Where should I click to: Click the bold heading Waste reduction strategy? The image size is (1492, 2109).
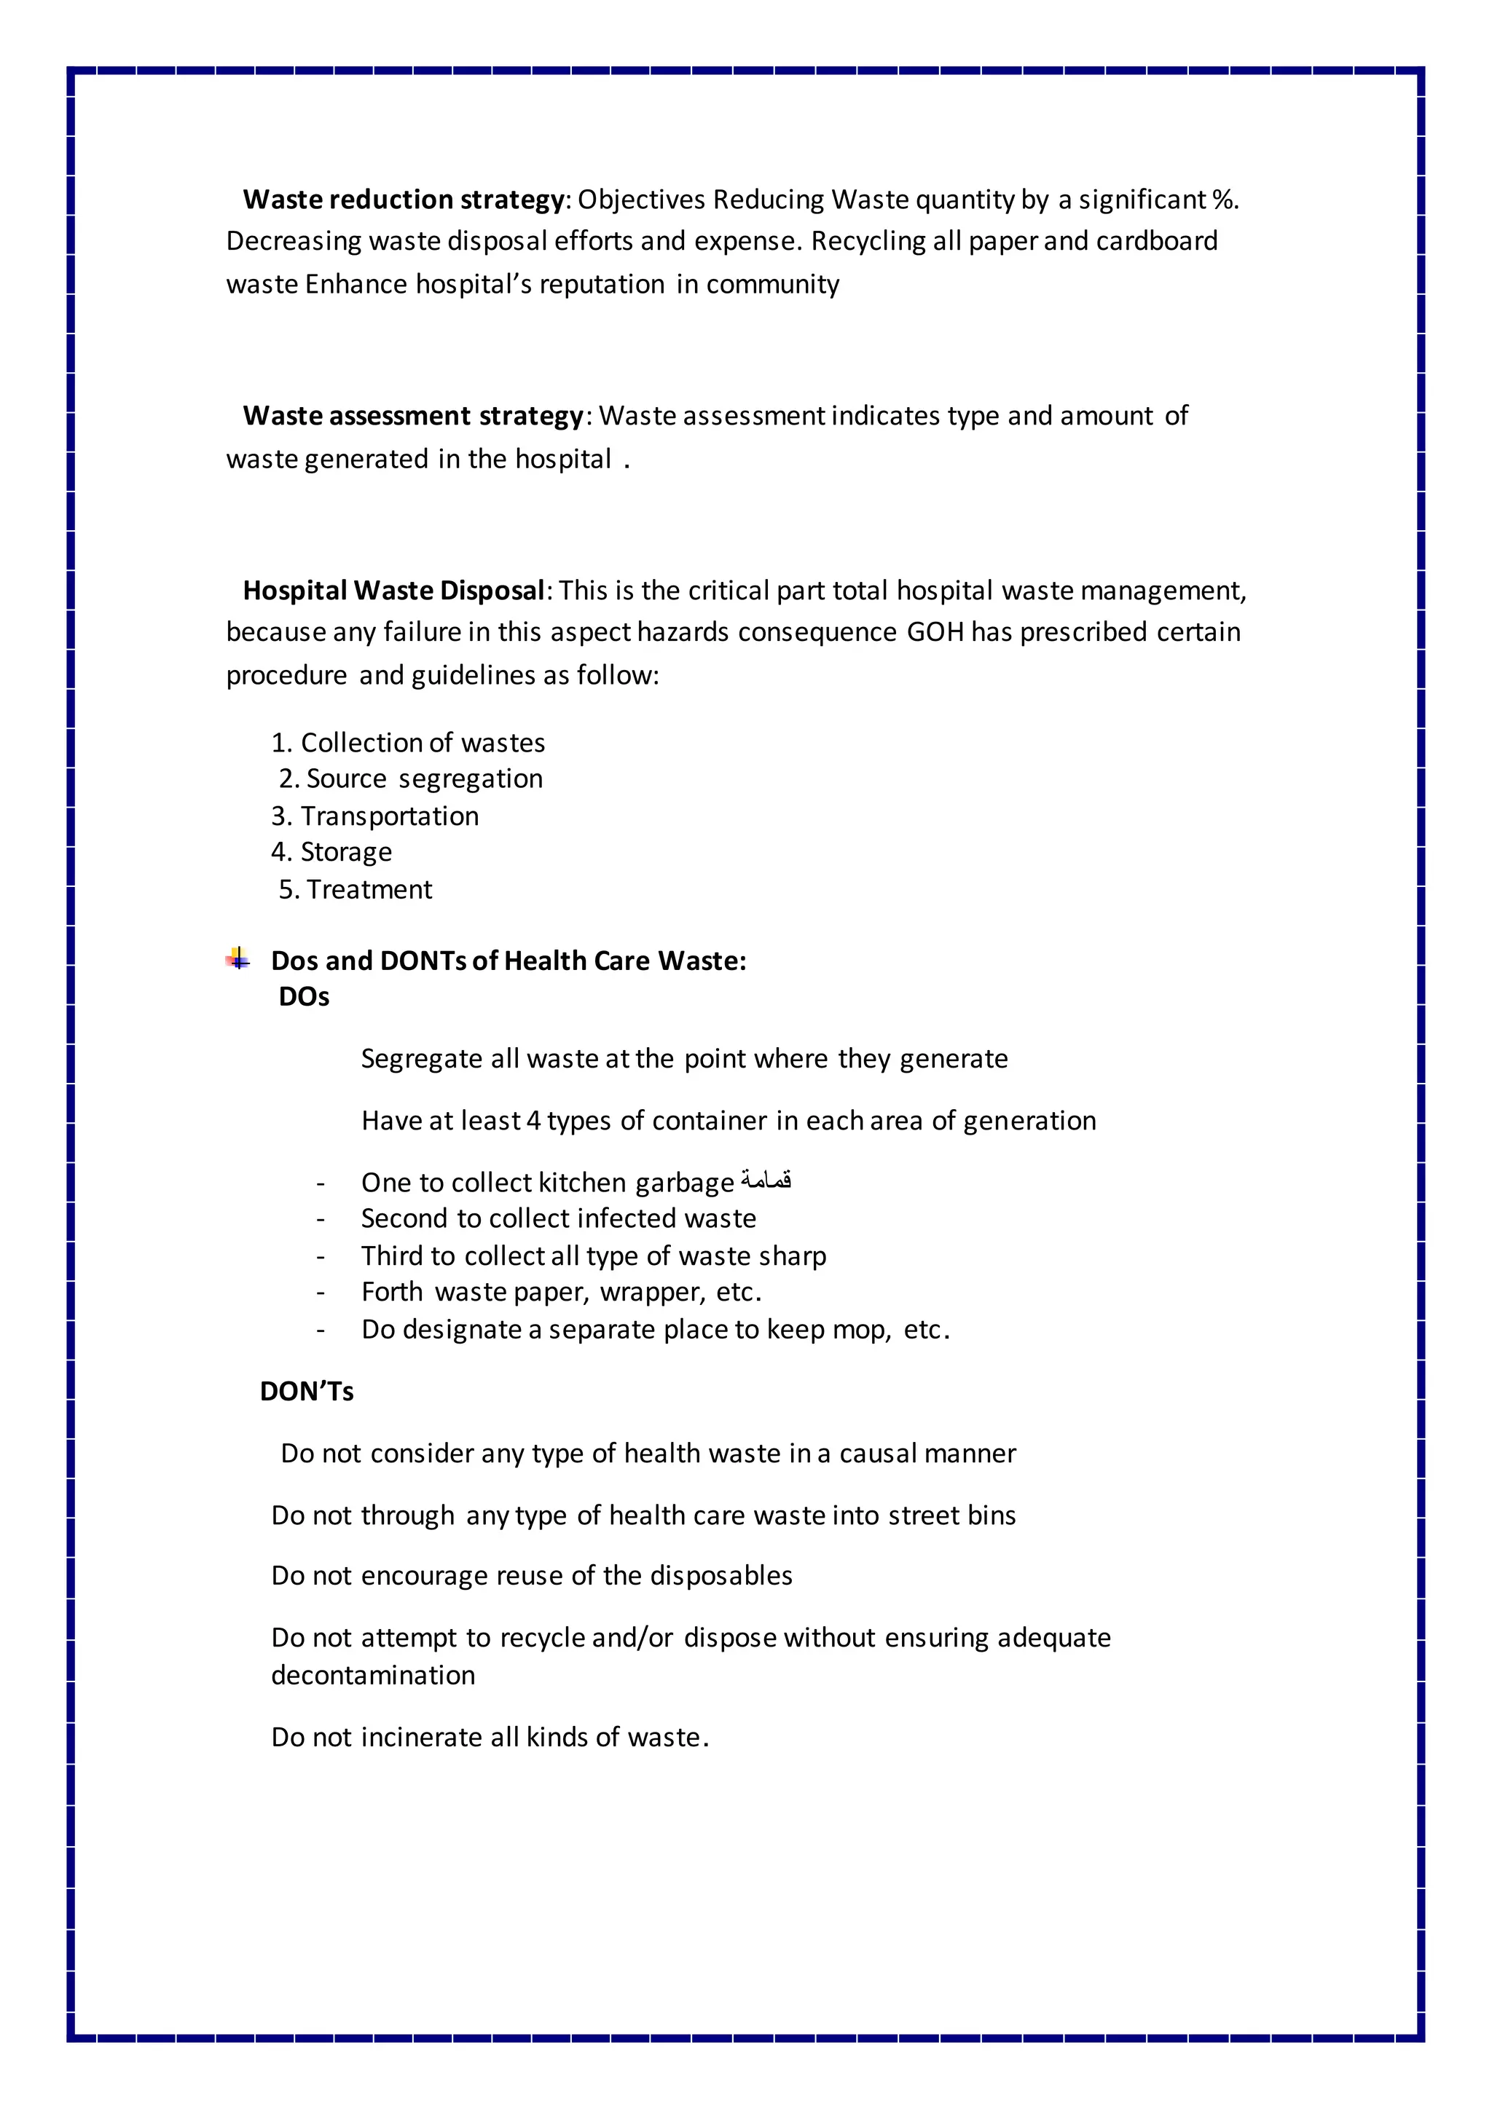404,200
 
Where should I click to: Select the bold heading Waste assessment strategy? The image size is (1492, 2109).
412,416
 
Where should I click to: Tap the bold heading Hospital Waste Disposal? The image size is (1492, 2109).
393,591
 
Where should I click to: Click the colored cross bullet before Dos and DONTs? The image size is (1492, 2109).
238,960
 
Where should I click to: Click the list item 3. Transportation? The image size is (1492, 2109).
375,816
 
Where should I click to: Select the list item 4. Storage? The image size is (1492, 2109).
331,853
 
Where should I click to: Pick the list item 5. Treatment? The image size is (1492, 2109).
356,889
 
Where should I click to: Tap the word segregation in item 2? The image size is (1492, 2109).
471,779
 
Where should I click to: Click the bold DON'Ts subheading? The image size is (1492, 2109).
307,1391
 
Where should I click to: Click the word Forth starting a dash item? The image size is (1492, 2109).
392,1293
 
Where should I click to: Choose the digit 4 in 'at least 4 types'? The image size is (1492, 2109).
534,1121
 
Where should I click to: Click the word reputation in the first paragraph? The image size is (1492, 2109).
602,284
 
